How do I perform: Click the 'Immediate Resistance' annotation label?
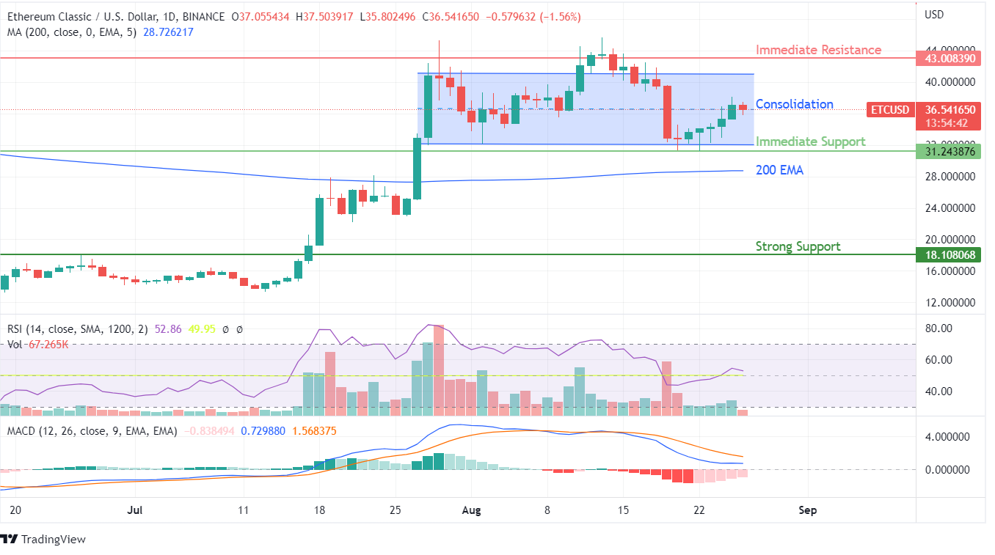[x=818, y=50]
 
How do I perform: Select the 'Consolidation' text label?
[x=794, y=104]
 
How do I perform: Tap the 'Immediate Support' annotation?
[x=810, y=141]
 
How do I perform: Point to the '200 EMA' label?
[x=779, y=170]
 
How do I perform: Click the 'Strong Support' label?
[x=798, y=246]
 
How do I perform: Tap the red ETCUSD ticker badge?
[x=889, y=110]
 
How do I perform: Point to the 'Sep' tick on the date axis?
[x=807, y=510]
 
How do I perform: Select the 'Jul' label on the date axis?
[x=134, y=510]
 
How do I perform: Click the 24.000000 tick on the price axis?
[x=950, y=207]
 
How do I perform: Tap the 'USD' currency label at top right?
[x=934, y=15]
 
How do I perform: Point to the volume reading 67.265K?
[x=48, y=344]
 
